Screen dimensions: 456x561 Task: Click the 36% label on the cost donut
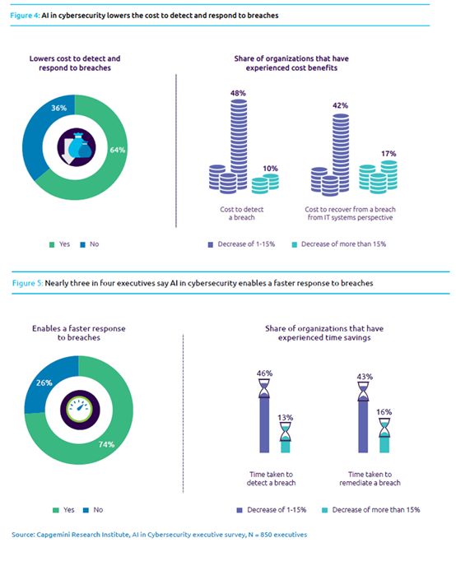pos(58,108)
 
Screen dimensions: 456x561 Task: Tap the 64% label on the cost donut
pos(118,150)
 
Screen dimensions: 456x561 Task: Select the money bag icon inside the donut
pos(77,148)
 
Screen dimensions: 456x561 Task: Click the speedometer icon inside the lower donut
pos(79,409)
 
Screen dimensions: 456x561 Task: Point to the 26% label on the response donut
pos(44,382)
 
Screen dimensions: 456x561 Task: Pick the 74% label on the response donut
pos(106,444)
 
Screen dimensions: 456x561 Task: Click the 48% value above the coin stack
pos(238,93)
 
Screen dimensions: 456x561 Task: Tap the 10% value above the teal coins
pos(270,168)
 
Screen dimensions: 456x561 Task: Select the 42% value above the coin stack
pos(340,105)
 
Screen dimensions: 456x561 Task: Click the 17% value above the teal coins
pos(389,154)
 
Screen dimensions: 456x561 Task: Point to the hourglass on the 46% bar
pos(264,388)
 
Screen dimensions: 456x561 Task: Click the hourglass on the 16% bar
pos(384,428)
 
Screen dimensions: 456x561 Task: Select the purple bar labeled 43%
pos(363,426)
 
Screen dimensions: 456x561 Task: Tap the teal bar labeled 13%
pos(286,447)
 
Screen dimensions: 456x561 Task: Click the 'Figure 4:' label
pos(25,16)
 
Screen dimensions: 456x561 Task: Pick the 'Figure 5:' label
pos(27,283)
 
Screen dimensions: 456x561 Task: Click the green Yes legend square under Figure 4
pos(52,245)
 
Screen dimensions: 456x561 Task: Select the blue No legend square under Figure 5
pos(86,510)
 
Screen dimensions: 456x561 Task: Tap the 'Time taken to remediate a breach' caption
pos(370,479)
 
